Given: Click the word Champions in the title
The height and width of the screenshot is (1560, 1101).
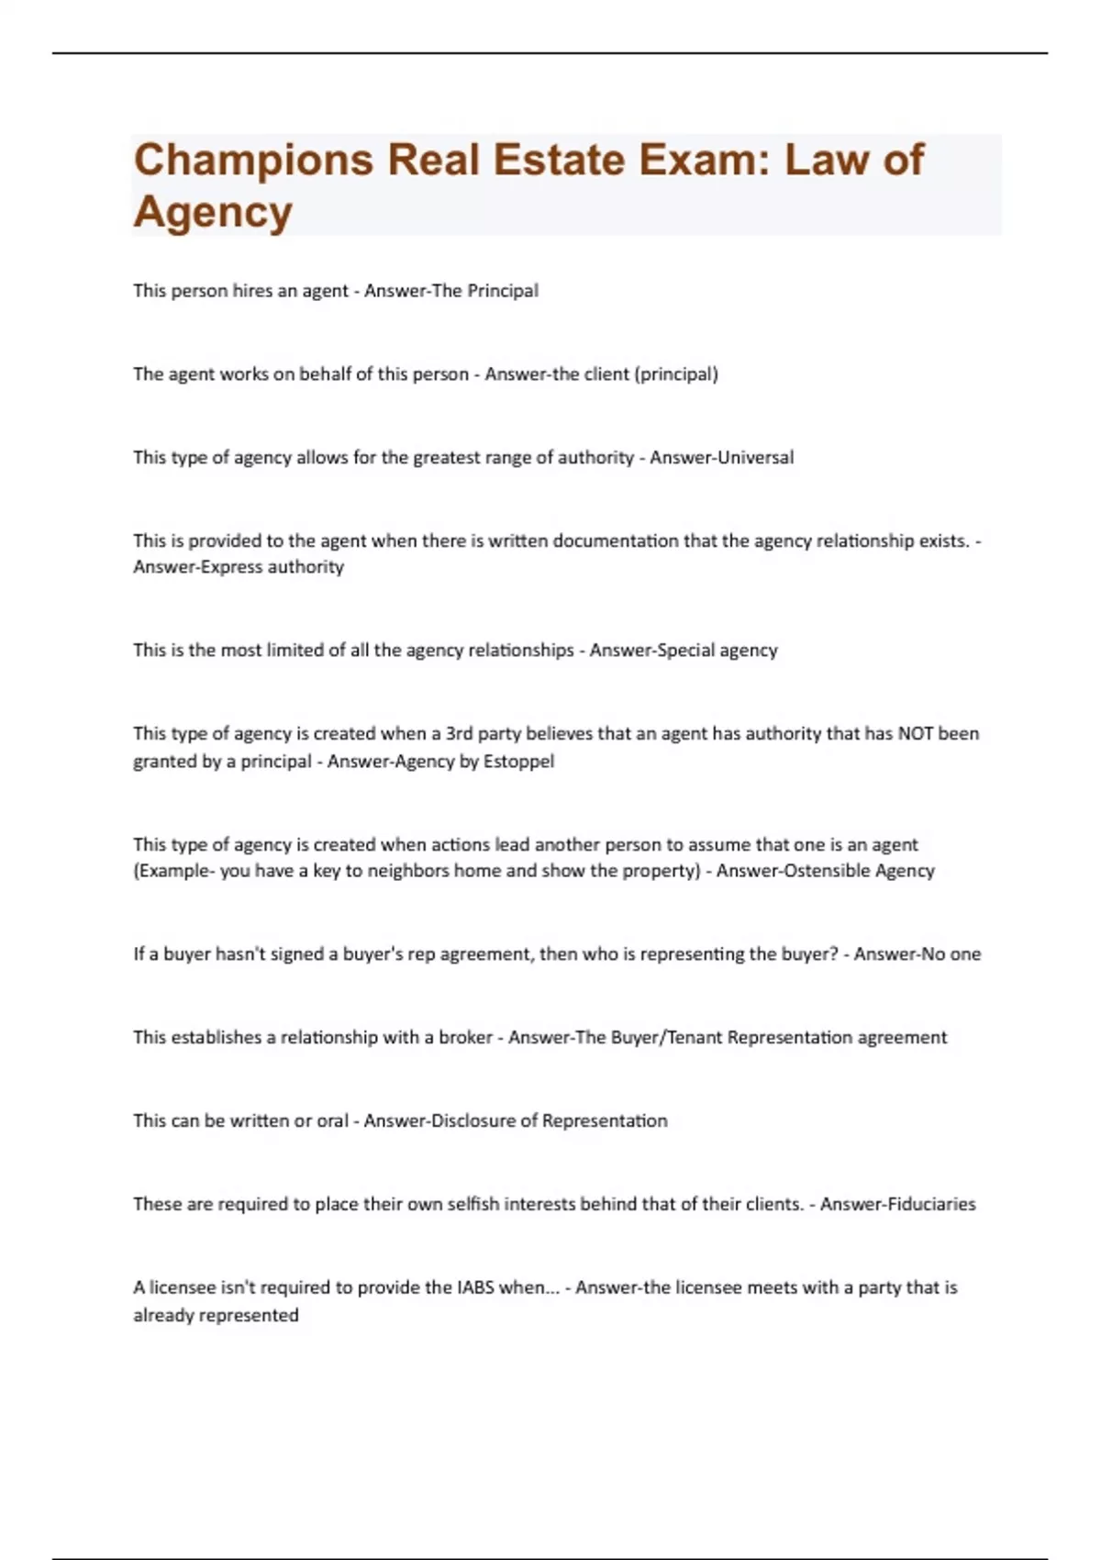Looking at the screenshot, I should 253,161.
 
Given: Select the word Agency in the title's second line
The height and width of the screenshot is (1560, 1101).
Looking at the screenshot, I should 213,212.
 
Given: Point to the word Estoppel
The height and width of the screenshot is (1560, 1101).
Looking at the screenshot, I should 519,761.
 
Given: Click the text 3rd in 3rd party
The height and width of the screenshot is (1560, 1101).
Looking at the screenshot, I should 459,733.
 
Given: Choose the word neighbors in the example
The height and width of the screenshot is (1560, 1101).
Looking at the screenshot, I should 408,870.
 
